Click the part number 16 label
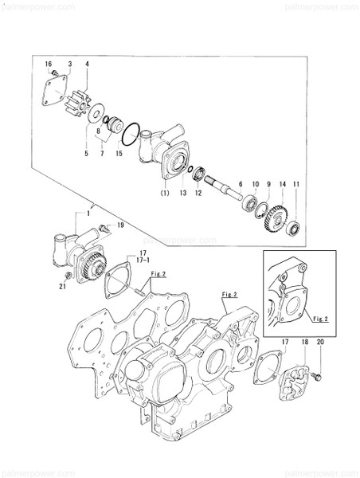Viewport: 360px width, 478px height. pos(48,63)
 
